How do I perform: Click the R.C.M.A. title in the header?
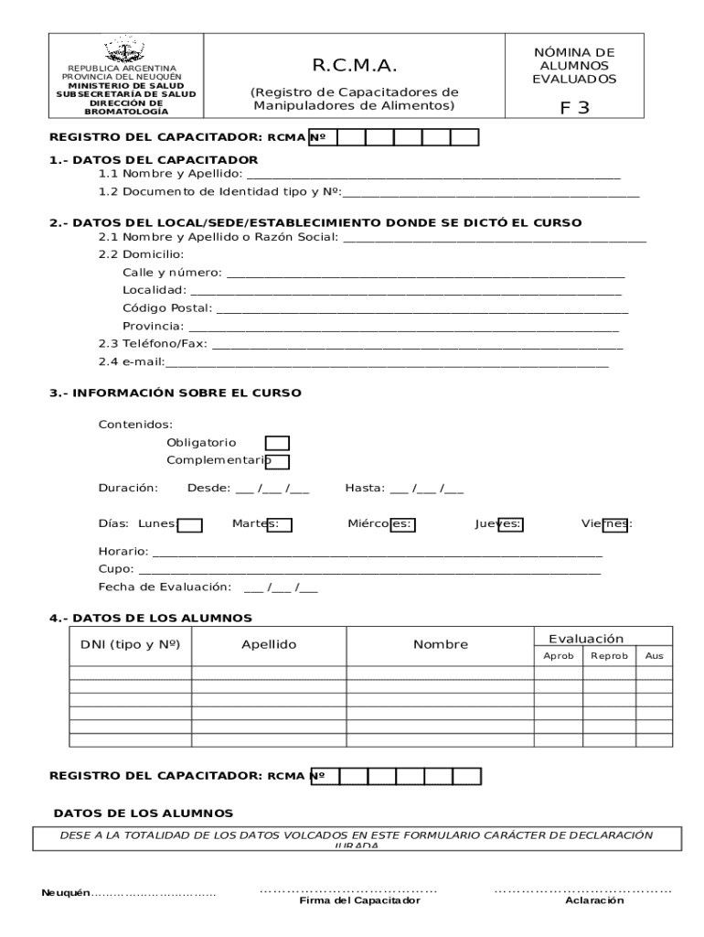click(354, 66)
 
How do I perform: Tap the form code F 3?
click(574, 108)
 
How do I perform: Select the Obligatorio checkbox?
click(277, 443)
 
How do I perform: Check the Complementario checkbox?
click(277, 462)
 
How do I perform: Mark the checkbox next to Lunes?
click(189, 525)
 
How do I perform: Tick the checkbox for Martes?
click(279, 524)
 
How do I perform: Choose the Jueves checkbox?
click(511, 524)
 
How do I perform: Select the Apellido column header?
click(269, 644)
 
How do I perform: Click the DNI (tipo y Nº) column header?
click(130, 644)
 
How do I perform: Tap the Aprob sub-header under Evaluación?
click(559, 656)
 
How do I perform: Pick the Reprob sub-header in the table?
click(609, 656)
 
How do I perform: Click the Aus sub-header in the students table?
click(655, 656)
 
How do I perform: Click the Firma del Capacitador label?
click(359, 900)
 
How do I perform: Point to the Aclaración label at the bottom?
click(594, 900)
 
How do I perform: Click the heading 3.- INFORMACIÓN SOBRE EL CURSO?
click(175, 393)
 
